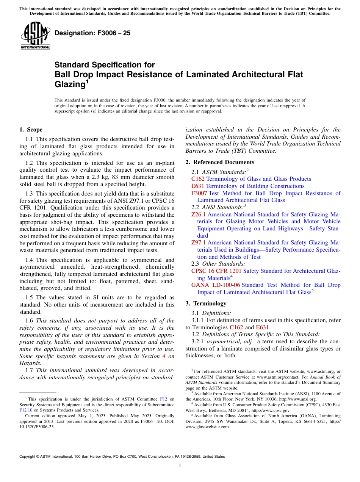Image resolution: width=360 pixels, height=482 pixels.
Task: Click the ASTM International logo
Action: pos(35,36)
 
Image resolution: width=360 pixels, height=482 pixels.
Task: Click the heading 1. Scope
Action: pos(31,130)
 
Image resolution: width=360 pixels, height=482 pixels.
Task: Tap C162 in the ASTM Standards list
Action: pos(198,179)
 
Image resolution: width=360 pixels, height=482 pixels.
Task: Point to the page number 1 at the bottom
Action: pos(180,466)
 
